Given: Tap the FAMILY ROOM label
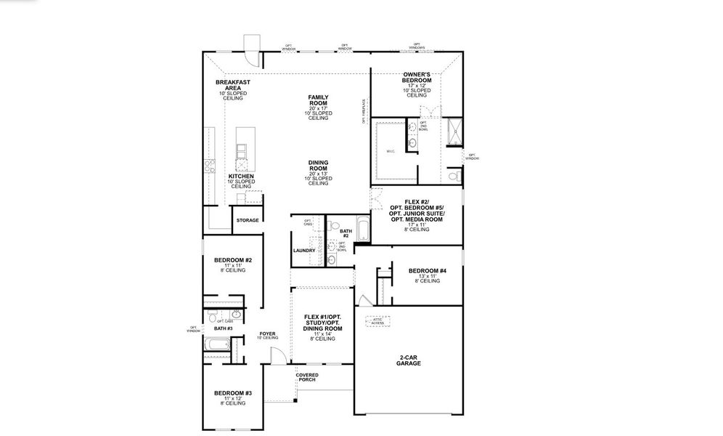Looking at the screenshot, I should click(318, 100).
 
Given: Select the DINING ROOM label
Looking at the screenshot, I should click(318, 166).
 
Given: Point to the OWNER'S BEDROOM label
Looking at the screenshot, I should click(417, 78).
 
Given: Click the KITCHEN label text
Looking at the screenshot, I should click(241, 176).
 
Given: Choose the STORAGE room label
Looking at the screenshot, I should click(247, 220).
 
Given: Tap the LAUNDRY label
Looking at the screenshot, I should click(304, 250).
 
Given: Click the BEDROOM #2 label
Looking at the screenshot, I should click(232, 260).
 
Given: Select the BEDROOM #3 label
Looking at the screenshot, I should click(232, 393).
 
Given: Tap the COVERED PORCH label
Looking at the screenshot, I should click(307, 376).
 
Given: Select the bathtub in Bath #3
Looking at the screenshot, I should click(216, 348).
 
